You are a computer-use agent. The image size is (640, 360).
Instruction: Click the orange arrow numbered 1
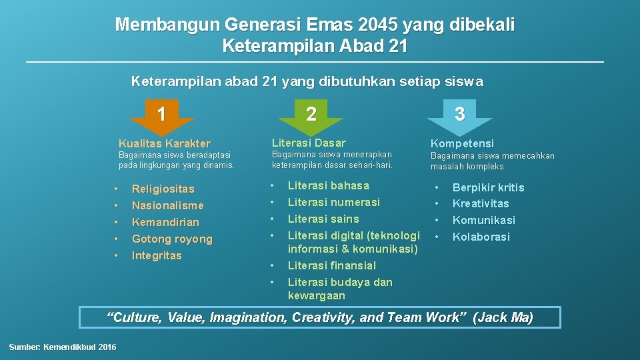pyautogui.click(x=161, y=115)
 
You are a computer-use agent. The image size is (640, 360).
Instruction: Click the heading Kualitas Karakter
pyautogui.click(x=164, y=143)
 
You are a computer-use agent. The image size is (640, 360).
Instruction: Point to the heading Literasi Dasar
pyautogui.click(x=309, y=143)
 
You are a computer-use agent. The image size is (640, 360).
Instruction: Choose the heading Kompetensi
pyautogui.click(x=462, y=143)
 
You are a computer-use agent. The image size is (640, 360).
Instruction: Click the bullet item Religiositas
pyautogui.click(x=163, y=189)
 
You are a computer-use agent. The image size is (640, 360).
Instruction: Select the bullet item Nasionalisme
pyautogui.click(x=167, y=205)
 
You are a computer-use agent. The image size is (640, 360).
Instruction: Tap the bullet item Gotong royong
pyautogui.click(x=172, y=239)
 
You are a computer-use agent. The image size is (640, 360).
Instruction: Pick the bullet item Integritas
pyautogui.click(x=157, y=255)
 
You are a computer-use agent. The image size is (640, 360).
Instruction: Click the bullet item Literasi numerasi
pyautogui.click(x=333, y=202)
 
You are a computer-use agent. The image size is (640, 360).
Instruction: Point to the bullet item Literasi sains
pyautogui.click(x=323, y=219)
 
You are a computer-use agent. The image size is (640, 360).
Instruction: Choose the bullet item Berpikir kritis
pyautogui.click(x=489, y=187)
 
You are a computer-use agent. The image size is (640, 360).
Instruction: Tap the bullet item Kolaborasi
pyautogui.click(x=481, y=237)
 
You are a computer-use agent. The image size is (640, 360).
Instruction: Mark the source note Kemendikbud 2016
pyautogui.click(x=63, y=347)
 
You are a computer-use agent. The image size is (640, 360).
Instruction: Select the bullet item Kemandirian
pyautogui.click(x=165, y=222)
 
